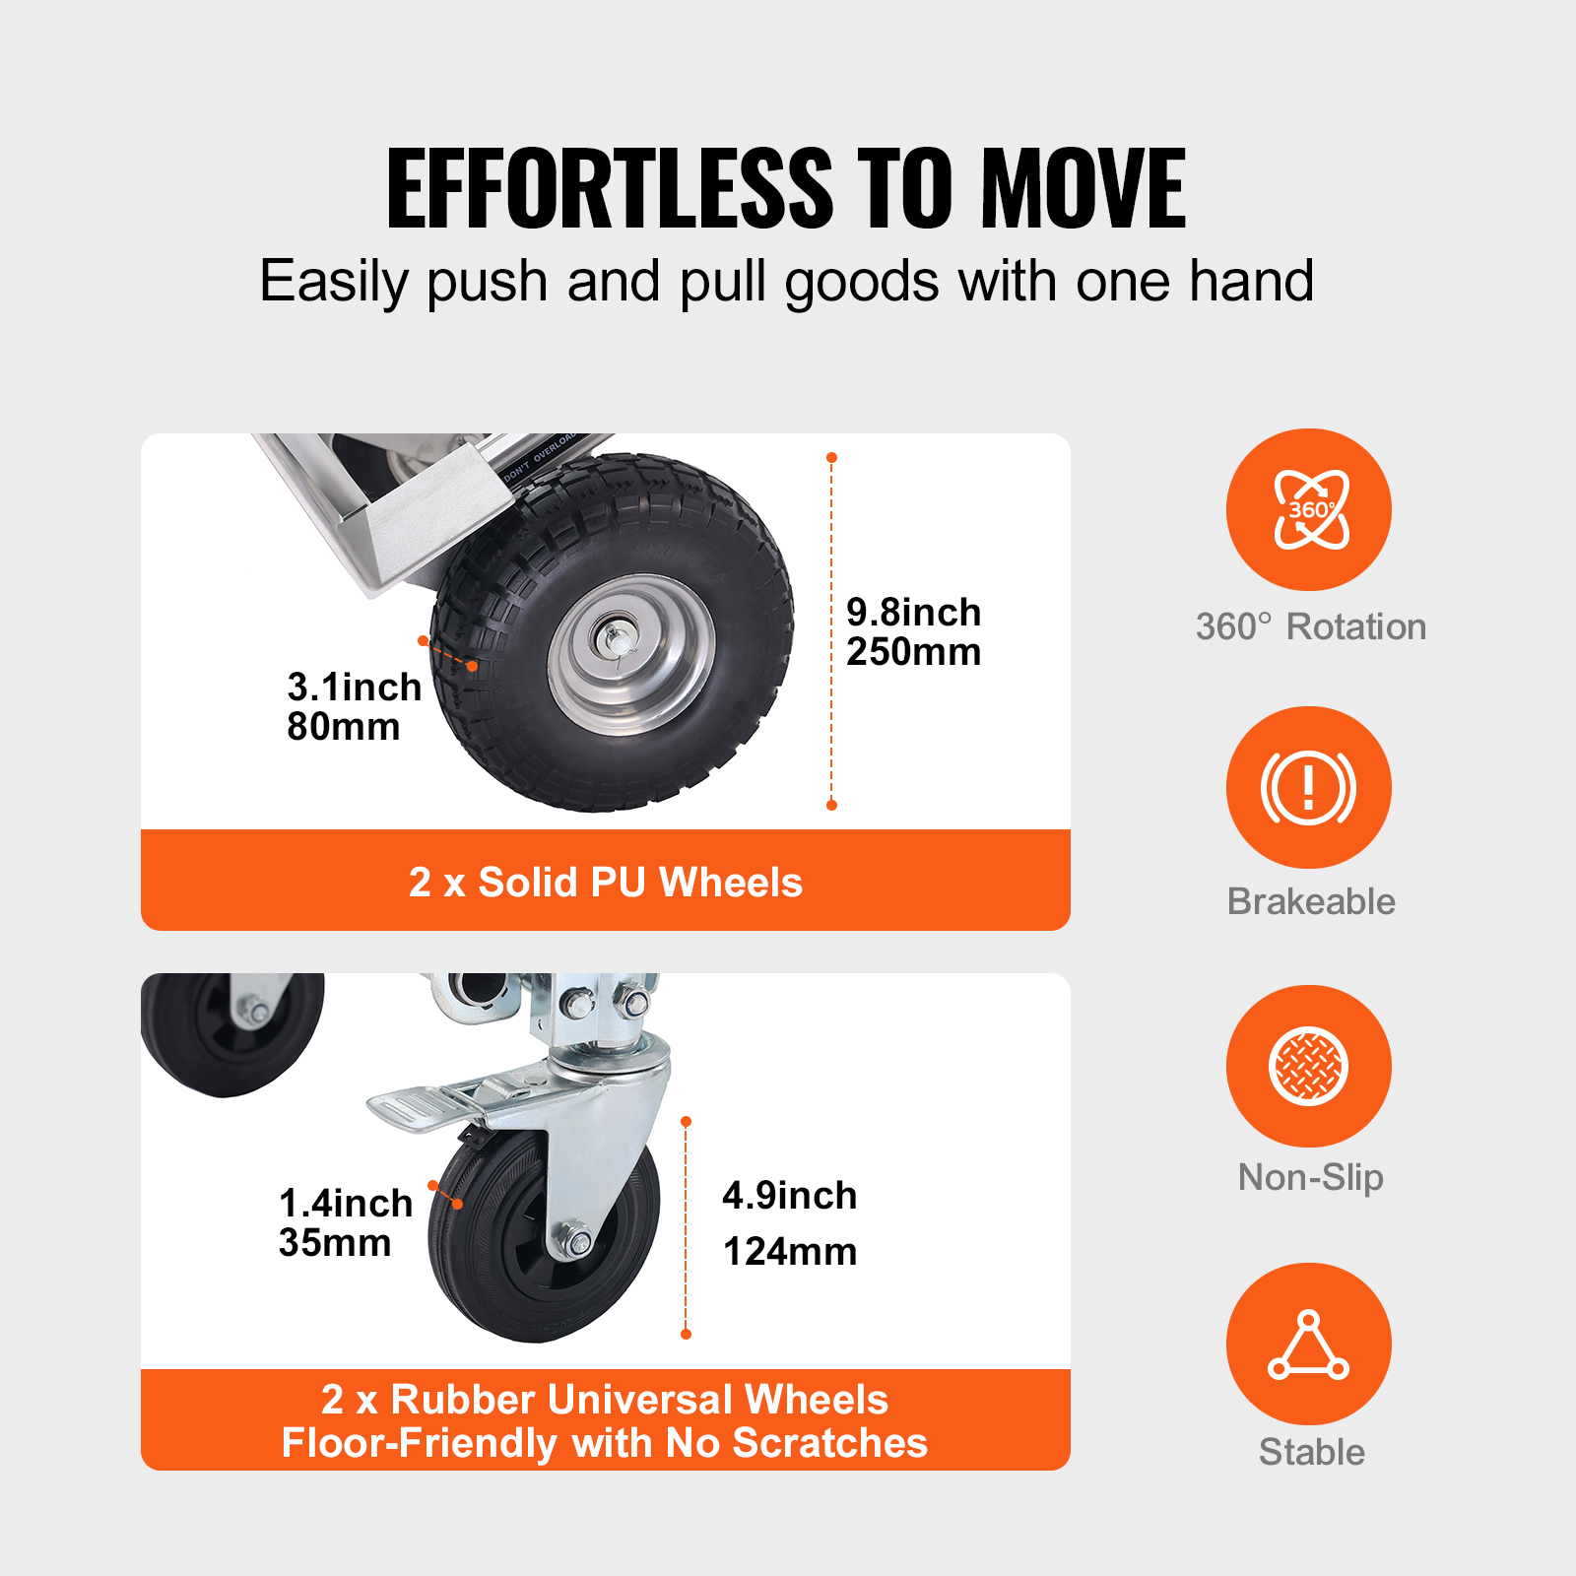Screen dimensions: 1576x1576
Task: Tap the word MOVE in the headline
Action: [1083, 188]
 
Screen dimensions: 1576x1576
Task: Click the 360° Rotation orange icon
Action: [1308, 510]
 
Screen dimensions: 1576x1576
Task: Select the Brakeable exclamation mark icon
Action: [1308, 787]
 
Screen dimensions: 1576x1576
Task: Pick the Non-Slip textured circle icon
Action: [1308, 1066]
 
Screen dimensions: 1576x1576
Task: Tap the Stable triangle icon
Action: [1308, 1344]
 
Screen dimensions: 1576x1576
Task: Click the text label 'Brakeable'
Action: [1311, 901]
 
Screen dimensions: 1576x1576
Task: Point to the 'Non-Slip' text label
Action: [1310, 1177]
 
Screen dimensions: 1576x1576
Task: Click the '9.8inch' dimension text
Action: [913, 613]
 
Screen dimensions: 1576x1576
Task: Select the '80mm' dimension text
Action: [343, 727]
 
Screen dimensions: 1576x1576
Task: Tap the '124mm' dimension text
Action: [789, 1252]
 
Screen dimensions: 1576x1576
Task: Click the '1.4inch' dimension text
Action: [345, 1203]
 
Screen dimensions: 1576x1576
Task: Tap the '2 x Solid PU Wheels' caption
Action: [605, 883]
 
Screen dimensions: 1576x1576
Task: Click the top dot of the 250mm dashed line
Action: [831, 458]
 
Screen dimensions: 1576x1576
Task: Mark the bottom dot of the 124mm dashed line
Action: [687, 1334]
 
